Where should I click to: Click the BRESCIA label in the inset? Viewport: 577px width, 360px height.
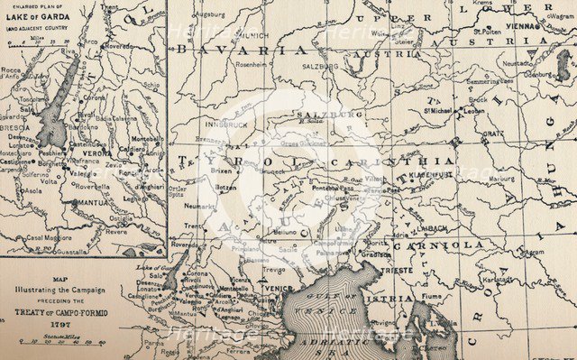coord(15,128)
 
